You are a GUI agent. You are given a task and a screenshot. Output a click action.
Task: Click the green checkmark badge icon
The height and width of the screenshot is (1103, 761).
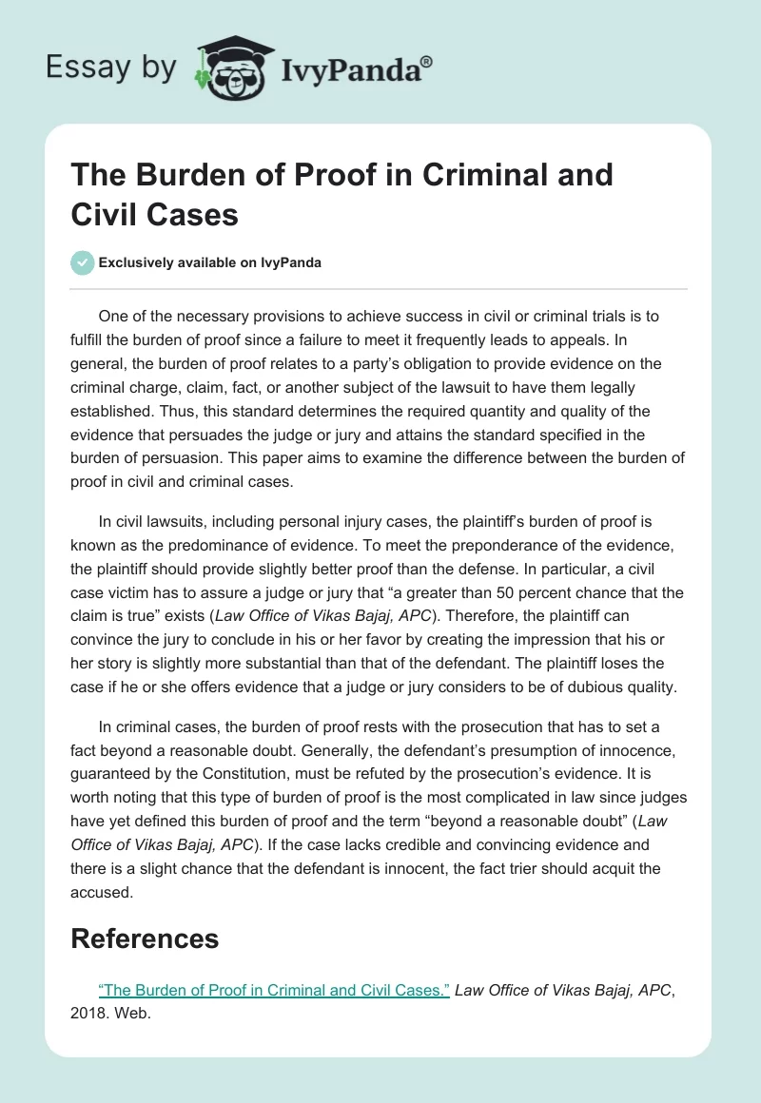(x=82, y=262)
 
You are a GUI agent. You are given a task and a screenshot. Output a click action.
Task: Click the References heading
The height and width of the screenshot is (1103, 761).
(x=145, y=939)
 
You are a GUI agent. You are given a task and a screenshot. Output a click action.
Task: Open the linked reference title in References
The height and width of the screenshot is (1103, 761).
(x=274, y=989)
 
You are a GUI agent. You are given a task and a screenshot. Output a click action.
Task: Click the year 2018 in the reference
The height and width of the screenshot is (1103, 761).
(x=89, y=1014)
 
